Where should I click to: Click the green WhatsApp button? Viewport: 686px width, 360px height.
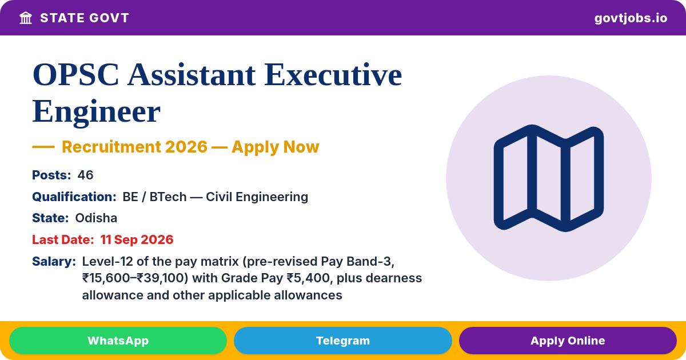click(x=118, y=341)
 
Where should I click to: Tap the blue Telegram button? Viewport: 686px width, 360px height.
click(x=342, y=341)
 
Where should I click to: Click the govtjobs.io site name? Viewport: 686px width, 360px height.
click(x=631, y=18)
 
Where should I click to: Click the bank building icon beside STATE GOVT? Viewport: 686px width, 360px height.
click(x=26, y=18)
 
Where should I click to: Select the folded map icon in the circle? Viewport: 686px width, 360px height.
click(x=548, y=178)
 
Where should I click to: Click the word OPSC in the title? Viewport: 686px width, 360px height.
click(x=75, y=75)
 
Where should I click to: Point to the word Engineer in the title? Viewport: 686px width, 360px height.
click(x=97, y=112)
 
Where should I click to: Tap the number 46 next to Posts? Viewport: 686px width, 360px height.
click(x=85, y=175)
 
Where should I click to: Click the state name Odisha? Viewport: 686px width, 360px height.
click(x=96, y=218)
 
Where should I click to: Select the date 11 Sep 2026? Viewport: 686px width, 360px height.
click(x=137, y=239)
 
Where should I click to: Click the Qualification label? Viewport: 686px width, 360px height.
click(x=74, y=197)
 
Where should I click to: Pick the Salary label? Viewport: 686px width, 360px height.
click(x=54, y=262)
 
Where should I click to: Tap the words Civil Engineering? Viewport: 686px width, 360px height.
click(x=257, y=197)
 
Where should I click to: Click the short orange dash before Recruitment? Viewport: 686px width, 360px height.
click(x=43, y=147)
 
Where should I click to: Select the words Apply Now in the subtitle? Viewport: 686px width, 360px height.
click(x=276, y=147)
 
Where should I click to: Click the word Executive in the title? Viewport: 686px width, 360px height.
click(x=333, y=75)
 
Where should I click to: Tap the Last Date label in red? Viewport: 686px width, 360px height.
click(x=63, y=239)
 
